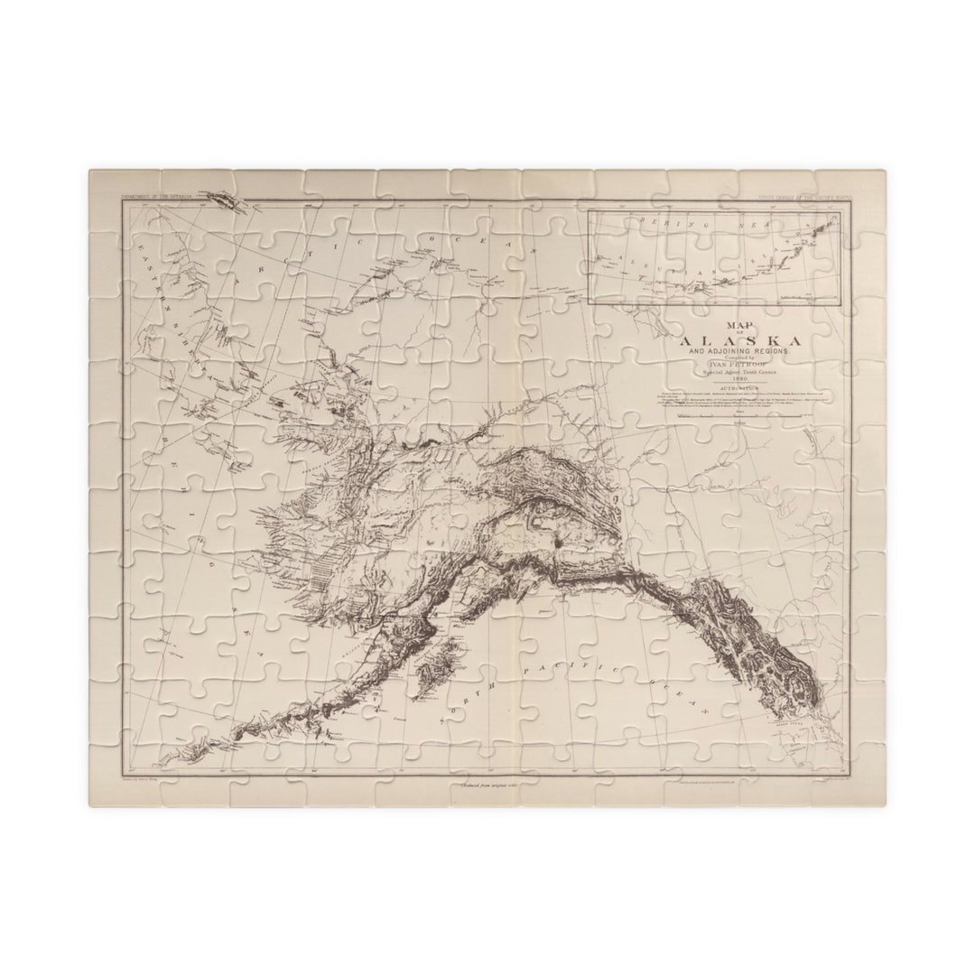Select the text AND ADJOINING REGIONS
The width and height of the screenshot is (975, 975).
[738, 350]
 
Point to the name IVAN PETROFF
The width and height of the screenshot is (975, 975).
[738, 366]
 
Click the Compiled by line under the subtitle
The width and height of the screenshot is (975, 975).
[738, 357]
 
